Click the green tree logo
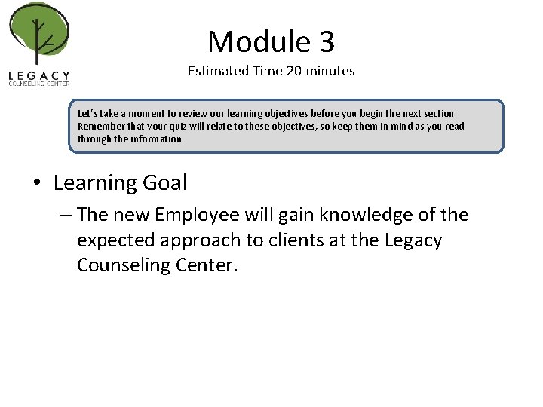(38, 33)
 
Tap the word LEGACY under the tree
(39, 75)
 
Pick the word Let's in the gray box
(88, 113)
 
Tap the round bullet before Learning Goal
(38, 183)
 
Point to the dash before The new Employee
(65, 216)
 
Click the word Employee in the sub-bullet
(198, 216)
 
